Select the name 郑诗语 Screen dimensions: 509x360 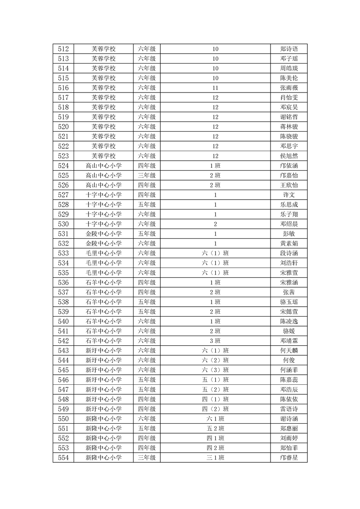click(289, 49)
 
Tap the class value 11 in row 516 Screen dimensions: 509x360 click(215, 88)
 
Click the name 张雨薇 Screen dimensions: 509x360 click(289, 88)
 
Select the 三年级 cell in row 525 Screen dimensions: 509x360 click(147, 176)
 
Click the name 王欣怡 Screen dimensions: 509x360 click(289, 185)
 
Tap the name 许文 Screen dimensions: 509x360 click(289, 195)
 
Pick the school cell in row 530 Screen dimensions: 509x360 click(104, 224)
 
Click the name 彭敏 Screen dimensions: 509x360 click(289, 234)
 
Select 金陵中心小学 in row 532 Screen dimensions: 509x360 click(104, 244)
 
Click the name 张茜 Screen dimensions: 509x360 click(289, 292)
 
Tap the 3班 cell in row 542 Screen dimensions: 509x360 click(215, 341)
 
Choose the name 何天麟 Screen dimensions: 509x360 click(289, 351)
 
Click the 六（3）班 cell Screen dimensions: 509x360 click(215, 370)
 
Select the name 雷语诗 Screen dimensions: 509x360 click(289, 409)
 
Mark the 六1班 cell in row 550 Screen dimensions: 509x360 click(215, 419)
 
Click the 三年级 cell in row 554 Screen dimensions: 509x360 click(147, 458)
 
